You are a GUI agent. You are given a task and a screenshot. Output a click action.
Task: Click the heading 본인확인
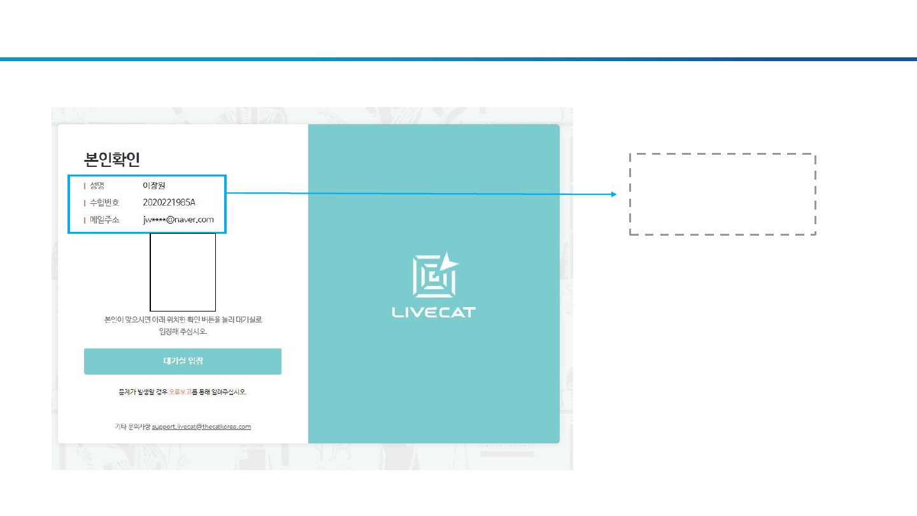[x=111, y=159]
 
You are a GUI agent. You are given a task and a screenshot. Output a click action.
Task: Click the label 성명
[x=97, y=186]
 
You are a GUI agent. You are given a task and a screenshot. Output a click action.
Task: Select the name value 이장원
[x=154, y=186]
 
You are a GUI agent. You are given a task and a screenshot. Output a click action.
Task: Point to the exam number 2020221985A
[x=169, y=203]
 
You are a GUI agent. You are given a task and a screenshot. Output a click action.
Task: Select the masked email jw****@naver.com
[x=178, y=220]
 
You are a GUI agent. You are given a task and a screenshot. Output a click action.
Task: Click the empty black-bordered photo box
[x=183, y=272]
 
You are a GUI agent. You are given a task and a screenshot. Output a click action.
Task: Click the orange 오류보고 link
[x=180, y=392]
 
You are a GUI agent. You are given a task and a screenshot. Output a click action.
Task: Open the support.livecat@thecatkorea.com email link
[x=201, y=427]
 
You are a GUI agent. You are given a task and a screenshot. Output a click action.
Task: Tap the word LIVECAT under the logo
[x=434, y=312]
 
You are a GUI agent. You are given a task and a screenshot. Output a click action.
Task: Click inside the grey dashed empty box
[x=722, y=194]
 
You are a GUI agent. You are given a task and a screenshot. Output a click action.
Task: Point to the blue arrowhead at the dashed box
[x=614, y=194]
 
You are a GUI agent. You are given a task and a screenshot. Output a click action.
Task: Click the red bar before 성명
[x=85, y=186]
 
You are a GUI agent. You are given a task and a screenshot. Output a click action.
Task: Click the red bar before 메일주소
[x=85, y=220]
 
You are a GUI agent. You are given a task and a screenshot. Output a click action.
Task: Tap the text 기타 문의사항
[x=132, y=427]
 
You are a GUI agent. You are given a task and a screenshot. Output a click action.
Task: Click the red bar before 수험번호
[x=85, y=203]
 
